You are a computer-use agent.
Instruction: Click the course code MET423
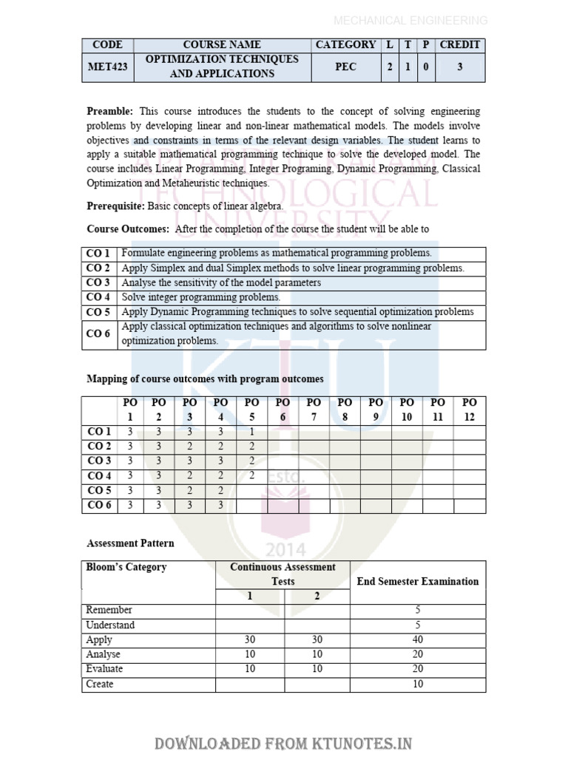point(107,67)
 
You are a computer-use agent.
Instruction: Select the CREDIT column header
point(460,44)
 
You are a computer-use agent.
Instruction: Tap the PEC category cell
point(345,67)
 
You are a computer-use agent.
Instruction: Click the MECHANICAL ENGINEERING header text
point(410,21)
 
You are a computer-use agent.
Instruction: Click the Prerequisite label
point(116,206)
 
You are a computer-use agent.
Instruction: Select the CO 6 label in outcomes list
point(98,334)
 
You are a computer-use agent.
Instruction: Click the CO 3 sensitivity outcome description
point(221,282)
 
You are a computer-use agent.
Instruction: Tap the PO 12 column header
point(470,410)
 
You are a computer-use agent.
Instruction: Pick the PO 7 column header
point(314,410)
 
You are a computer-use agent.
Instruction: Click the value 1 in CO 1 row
point(252,432)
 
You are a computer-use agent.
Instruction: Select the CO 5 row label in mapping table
point(99,491)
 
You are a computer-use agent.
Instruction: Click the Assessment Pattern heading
point(131,543)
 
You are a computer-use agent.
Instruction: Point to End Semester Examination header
point(418,582)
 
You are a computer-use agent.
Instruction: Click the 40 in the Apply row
point(418,640)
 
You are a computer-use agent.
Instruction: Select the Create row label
point(100,685)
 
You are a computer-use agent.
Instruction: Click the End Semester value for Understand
point(418,625)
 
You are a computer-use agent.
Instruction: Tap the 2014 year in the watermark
point(285,549)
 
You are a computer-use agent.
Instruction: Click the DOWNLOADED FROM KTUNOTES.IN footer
point(283,743)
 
